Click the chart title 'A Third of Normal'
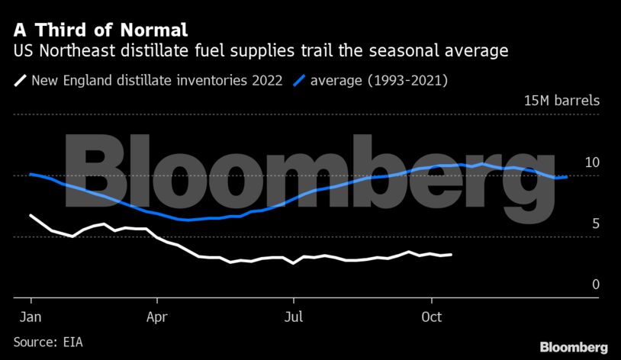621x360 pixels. (x=100, y=31)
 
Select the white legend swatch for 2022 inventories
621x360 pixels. (x=20, y=79)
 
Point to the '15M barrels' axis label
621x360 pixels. (x=561, y=101)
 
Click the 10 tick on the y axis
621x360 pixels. (x=592, y=162)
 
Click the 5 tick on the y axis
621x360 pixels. (x=595, y=223)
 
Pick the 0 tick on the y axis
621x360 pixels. (x=595, y=284)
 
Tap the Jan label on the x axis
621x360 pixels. (x=31, y=317)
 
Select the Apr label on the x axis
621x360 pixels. (x=157, y=317)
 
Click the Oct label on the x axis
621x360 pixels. (x=432, y=317)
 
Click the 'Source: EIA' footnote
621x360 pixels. (x=48, y=342)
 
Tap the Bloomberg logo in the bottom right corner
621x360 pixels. (x=573, y=347)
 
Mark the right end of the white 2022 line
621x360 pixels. (x=452, y=255)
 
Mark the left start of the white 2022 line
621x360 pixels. (x=31, y=215)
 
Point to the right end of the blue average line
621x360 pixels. (x=567, y=177)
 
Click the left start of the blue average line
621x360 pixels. (x=31, y=174)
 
